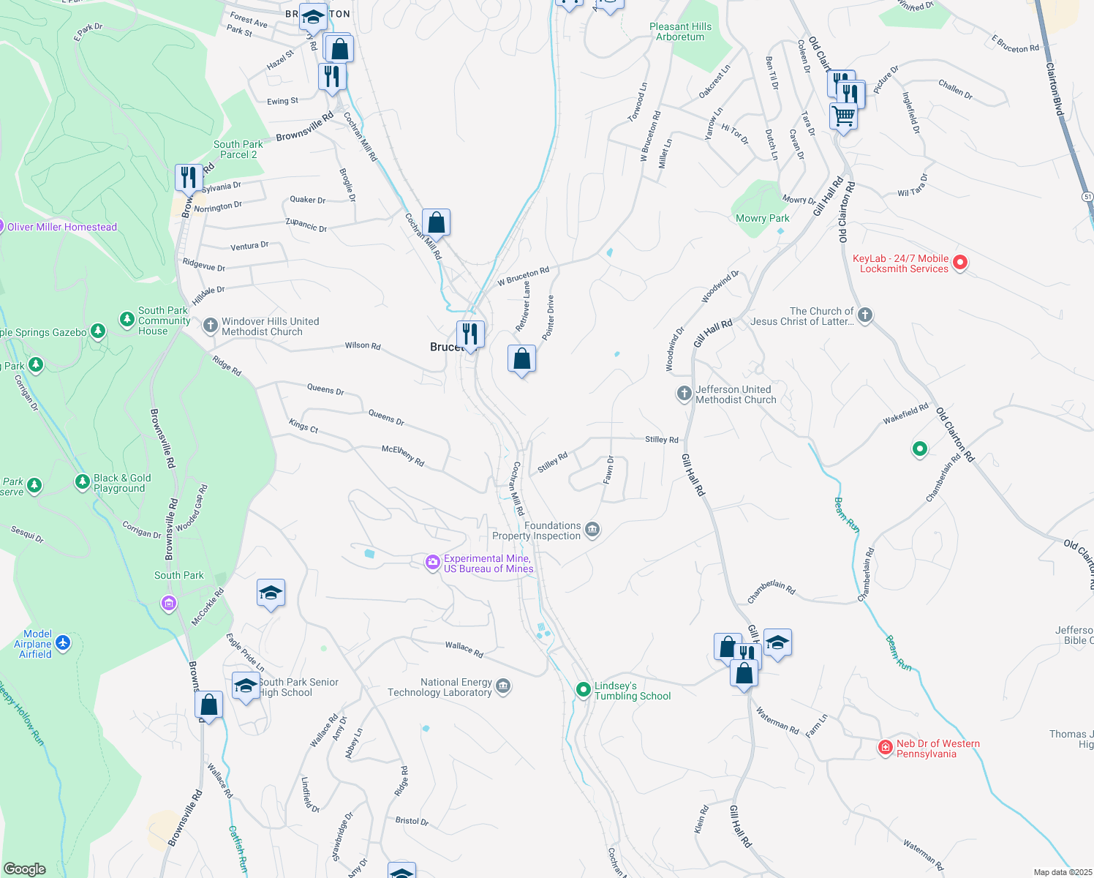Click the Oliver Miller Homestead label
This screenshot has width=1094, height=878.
pos(62,227)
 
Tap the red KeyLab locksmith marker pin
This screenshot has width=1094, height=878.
pos(961,262)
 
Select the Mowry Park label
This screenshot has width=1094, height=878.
pos(762,218)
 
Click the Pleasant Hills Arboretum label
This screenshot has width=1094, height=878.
pos(680,31)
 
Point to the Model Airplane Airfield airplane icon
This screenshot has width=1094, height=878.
pos(63,642)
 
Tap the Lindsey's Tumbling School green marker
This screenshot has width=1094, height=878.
pos(583,689)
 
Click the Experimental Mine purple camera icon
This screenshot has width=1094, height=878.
pos(433,562)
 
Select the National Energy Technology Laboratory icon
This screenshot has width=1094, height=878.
pos(503,686)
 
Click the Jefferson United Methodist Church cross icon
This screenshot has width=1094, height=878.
pos(684,394)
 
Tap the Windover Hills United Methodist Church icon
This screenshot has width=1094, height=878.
pos(211,326)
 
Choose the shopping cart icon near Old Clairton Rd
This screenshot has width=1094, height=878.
pos(844,116)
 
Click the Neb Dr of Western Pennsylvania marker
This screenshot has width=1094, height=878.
pos(886,747)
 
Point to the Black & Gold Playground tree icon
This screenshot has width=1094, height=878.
pos(83,481)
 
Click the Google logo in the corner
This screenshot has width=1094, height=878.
pos(25,868)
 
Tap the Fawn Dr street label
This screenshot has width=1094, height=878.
pos(608,469)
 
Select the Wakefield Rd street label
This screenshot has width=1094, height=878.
pos(905,413)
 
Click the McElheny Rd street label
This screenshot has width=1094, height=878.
pos(403,456)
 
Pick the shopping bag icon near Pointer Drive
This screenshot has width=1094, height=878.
pos(521,359)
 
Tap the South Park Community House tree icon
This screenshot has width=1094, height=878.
pos(127,320)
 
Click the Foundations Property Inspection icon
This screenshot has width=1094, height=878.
pos(592,530)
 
